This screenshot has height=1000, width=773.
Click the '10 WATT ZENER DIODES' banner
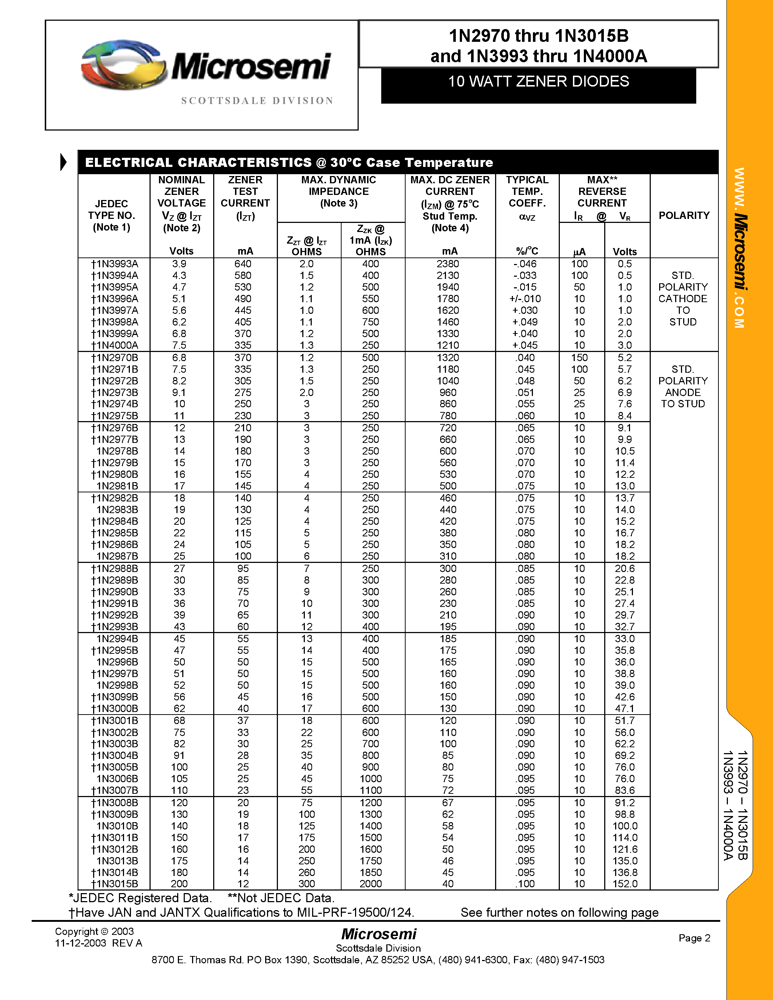click(538, 81)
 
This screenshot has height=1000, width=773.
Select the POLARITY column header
click(684, 215)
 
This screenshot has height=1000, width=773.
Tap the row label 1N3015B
click(115, 884)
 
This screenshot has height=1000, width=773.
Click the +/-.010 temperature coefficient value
click(525, 299)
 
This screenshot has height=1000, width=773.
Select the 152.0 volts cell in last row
click(625, 884)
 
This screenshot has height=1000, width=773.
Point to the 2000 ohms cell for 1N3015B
click(370, 884)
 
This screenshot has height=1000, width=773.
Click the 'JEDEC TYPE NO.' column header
click(112, 215)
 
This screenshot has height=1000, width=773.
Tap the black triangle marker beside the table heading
click(63, 162)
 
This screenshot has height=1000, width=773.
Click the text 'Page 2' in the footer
click(694, 938)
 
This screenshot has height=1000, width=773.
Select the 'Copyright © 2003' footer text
click(94, 931)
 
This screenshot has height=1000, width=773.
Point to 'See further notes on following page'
click(559, 913)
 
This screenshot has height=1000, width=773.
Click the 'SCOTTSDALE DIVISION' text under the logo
click(257, 101)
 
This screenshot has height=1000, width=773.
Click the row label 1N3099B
click(115, 697)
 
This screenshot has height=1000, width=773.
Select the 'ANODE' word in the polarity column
click(683, 392)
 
